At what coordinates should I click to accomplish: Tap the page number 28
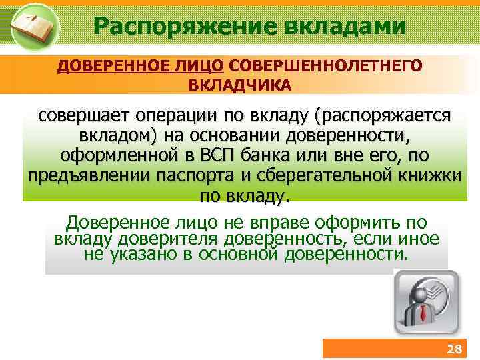click(453, 349)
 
